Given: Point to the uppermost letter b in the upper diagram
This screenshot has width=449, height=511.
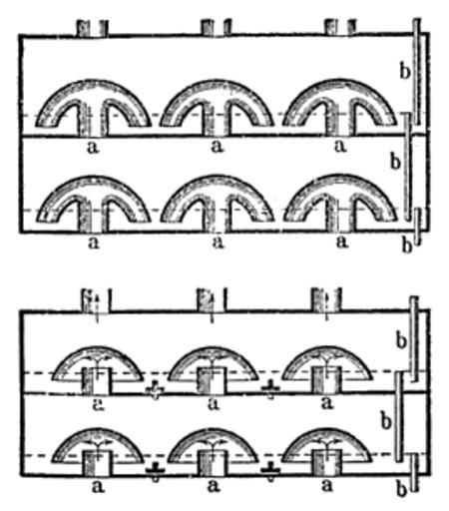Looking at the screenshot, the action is pos(404,71).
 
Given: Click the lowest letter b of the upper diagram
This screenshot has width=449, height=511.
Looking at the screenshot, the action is pos(407,246).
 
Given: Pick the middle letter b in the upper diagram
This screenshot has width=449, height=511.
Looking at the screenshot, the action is pos(395,162).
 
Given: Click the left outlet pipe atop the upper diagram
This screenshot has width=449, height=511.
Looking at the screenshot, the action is pos(93,28).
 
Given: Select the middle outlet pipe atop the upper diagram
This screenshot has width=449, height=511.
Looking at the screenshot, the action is pos(217,27).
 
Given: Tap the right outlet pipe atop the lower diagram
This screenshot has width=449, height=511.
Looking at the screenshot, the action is pos(326,300).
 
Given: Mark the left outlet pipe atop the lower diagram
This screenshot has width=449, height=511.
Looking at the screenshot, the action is pos(97,300).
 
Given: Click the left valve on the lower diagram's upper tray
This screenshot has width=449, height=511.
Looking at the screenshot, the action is pos(155,390).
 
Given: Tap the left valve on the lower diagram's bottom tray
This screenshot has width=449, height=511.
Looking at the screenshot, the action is pos(155,472).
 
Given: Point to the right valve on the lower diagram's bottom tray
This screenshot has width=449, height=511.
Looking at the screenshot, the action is pos(270,471).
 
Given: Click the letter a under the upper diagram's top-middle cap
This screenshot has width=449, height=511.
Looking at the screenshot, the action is pos(217,147).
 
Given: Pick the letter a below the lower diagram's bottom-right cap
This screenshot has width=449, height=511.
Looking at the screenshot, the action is pos(327,486).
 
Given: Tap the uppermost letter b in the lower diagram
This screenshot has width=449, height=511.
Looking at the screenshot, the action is pos(401,340).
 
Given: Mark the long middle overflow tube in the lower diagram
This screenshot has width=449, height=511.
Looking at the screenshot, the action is pos(399,416).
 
